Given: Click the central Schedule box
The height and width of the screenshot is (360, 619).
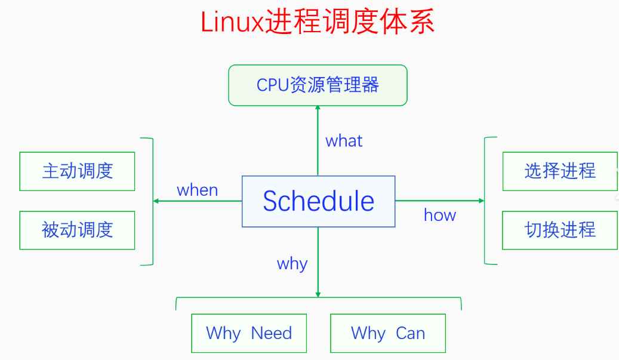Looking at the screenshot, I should (318, 201).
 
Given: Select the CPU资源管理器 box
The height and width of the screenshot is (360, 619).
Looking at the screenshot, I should (318, 85).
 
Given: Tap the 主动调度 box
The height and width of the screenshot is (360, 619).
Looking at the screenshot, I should (77, 171).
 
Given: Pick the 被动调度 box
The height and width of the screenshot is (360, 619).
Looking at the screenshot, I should (77, 230).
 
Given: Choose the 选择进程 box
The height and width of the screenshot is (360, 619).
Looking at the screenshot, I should (560, 171).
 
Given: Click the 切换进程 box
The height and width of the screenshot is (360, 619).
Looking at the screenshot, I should (560, 230).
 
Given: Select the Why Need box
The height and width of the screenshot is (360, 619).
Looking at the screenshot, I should (249, 333).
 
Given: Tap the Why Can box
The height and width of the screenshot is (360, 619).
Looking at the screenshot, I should (388, 333).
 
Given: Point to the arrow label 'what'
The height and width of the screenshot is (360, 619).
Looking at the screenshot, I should (344, 141).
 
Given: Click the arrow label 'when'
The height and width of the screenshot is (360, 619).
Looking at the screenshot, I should (198, 190).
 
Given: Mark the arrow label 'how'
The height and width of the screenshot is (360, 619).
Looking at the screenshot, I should (440, 215).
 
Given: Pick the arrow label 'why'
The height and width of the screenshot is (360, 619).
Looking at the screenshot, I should (292, 264).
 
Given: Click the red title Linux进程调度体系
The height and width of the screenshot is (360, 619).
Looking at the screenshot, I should (317, 23).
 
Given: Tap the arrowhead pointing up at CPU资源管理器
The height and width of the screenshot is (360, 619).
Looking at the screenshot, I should (318, 108).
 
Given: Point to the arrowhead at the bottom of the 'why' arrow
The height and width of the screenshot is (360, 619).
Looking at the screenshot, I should (318, 294).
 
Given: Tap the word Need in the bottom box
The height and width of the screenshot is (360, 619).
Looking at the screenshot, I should (272, 333).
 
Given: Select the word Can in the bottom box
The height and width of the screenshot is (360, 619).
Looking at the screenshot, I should (410, 333).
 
